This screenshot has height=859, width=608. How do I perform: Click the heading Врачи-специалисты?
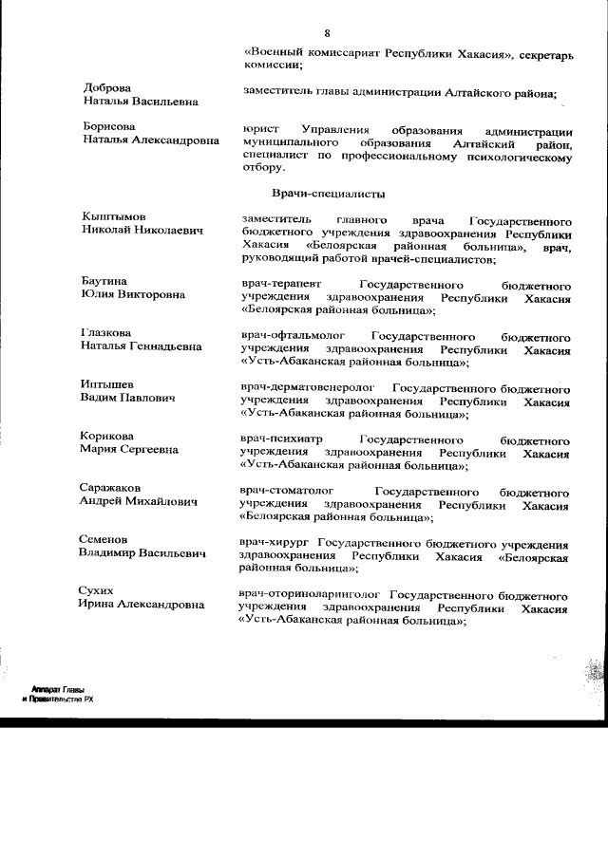click(x=328, y=194)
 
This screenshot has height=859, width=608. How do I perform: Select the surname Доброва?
click(x=106, y=87)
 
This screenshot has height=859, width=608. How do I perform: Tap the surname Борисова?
click(x=108, y=126)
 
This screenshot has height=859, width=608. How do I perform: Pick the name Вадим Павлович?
click(x=128, y=398)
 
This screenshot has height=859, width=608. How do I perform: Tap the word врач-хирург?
click(x=274, y=543)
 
